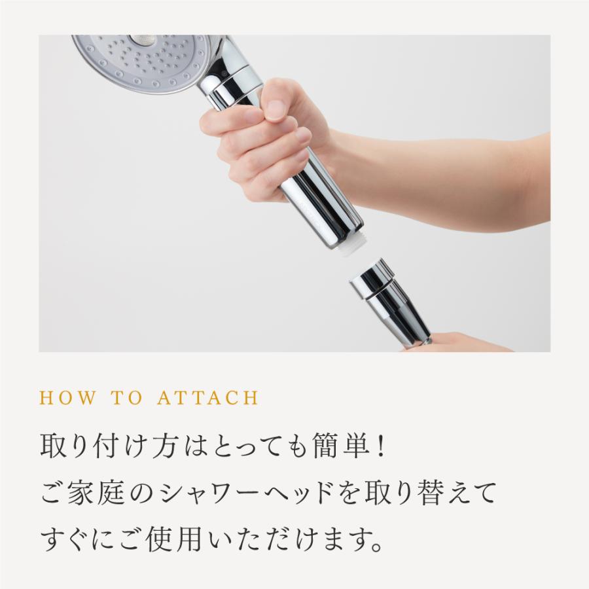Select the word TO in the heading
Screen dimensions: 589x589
pyautogui.click(x=128, y=398)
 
